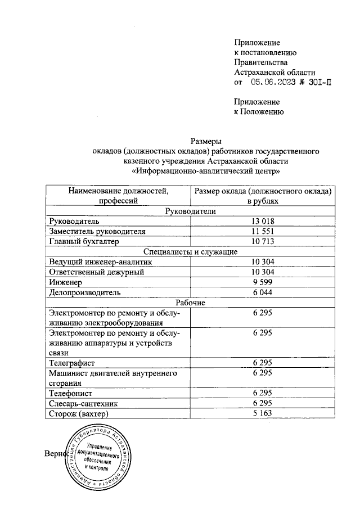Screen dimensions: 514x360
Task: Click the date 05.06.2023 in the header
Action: click(x=273, y=82)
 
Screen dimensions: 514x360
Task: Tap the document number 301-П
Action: click(x=317, y=82)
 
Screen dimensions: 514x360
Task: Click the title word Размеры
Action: click(x=205, y=141)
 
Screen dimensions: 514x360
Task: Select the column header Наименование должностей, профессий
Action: click(x=118, y=196)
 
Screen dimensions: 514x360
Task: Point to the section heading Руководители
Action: click(x=190, y=211)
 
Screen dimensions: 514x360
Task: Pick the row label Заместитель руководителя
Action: click(x=97, y=231)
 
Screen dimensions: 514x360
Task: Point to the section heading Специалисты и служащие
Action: click(x=190, y=251)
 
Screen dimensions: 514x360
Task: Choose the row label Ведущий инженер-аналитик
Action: click(x=100, y=261)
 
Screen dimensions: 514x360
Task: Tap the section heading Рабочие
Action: click(x=190, y=303)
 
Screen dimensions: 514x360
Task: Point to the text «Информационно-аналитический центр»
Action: click(x=205, y=171)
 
